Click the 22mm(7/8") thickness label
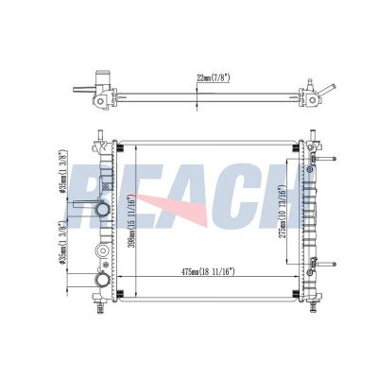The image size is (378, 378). (x=213, y=78)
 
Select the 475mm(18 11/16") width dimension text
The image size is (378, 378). (x=209, y=271)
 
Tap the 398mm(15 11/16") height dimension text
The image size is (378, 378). (x=132, y=220)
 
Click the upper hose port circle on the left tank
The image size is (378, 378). (x=102, y=209)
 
